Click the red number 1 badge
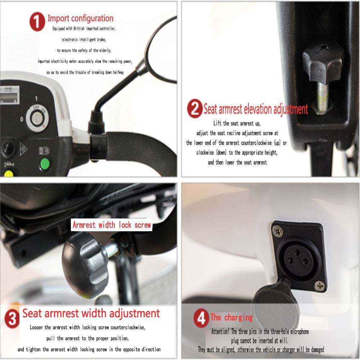[x=37, y=22]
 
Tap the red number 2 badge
[x=195, y=108]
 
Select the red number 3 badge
[x=12, y=318]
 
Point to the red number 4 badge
[x=201, y=318]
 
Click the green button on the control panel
[x=45, y=164]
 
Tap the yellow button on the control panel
[x=9, y=174]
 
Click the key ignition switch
[x=37, y=118]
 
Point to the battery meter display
[x=9, y=95]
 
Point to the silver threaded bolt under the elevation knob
[x=323, y=97]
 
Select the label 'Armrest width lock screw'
[x=112, y=225]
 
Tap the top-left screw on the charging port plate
[x=277, y=231]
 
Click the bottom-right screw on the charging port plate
[x=320, y=286]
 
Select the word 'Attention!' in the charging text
[x=220, y=332]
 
